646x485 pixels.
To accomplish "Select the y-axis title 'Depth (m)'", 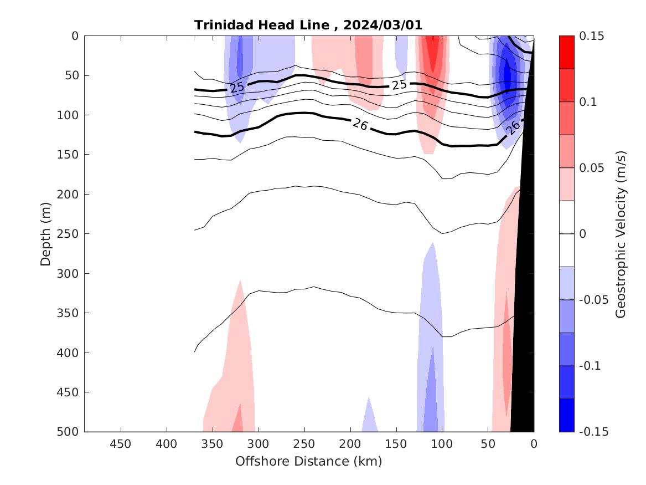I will [46, 234].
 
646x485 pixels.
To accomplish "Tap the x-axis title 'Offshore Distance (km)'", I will [309, 461].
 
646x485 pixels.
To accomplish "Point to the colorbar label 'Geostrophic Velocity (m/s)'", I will [621, 234].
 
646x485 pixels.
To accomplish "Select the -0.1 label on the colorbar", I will [591, 366].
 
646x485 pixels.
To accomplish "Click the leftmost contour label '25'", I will [237, 88].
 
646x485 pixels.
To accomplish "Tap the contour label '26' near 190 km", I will [360, 125].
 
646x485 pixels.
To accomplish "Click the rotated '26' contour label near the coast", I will [513, 127].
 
